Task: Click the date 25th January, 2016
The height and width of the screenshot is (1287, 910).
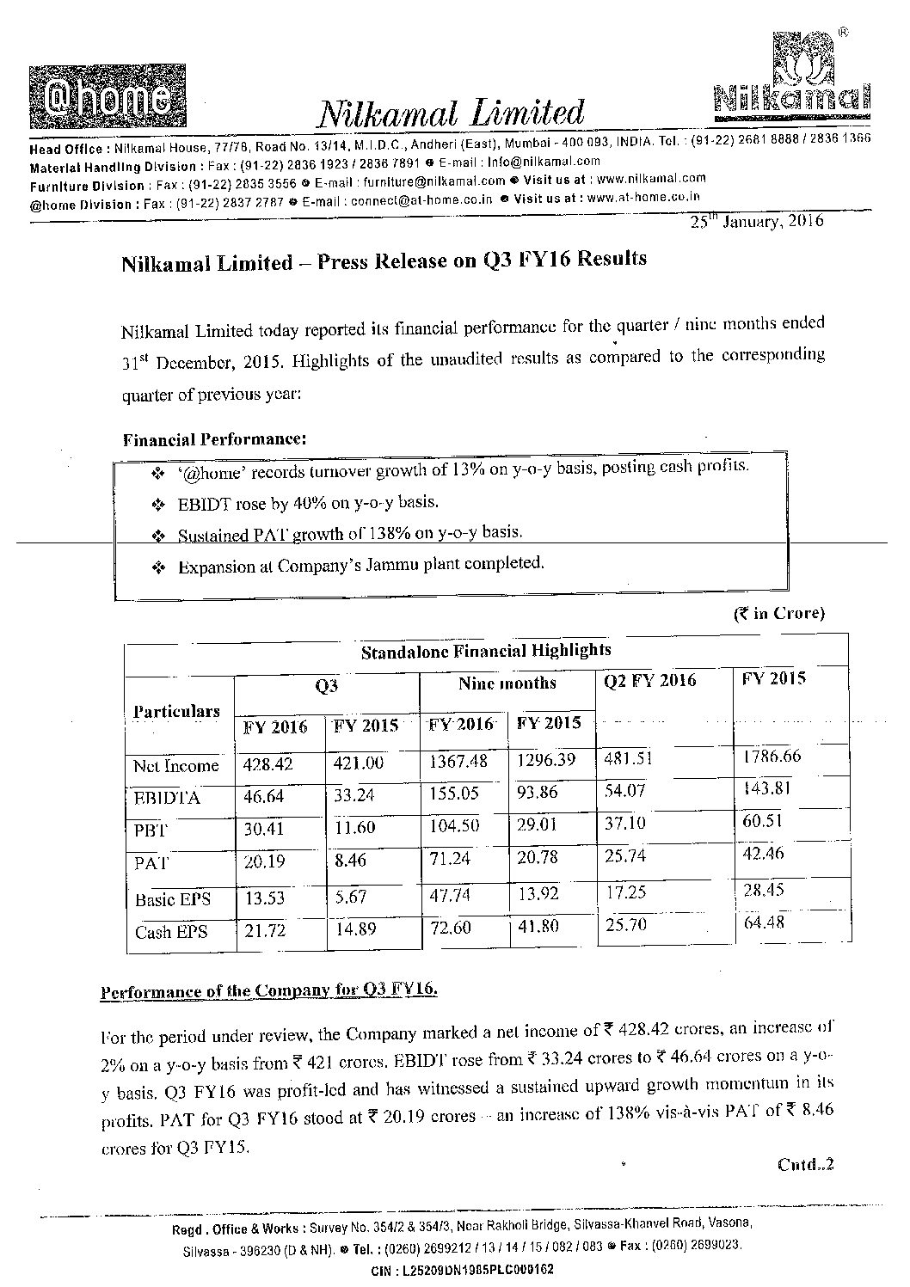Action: pos(757,221)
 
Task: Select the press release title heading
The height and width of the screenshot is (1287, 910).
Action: pos(384,261)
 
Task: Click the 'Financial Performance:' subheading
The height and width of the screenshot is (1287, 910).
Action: pos(214,439)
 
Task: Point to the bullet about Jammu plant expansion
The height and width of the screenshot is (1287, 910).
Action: pos(360,566)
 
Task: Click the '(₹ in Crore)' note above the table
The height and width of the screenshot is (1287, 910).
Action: pos(778,613)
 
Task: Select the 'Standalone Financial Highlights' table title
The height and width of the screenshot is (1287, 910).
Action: pos(486,651)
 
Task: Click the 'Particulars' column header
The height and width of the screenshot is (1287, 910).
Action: pos(176,711)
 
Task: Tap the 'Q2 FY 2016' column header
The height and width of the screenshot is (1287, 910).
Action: pos(650,681)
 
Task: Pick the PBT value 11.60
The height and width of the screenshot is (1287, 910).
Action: pos(354,829)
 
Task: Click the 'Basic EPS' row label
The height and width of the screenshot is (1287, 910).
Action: pos(172,900)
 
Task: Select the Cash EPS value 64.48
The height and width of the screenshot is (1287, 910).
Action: pos(765,922)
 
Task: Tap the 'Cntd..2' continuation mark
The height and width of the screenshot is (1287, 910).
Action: pos(805,1165)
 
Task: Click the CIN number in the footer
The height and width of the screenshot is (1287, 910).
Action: pos(462,1269)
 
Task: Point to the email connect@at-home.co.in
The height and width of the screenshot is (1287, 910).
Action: pos(421,199)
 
